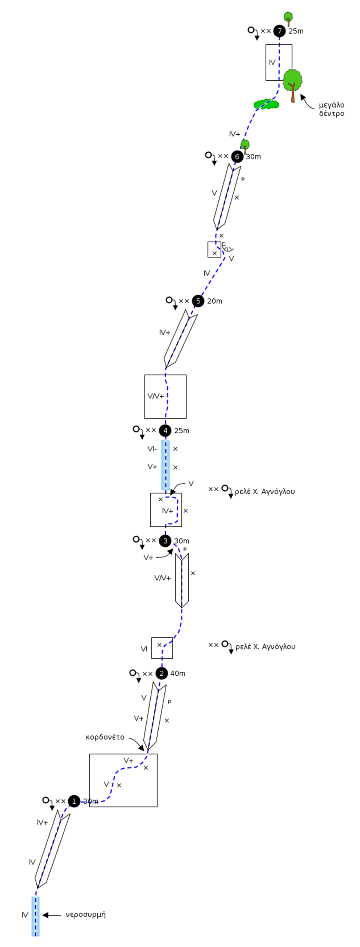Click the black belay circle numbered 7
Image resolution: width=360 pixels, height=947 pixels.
point(280,31)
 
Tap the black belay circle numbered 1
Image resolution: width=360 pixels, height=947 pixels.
point(74,801)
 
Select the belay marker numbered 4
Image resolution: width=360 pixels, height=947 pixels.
point(165,431)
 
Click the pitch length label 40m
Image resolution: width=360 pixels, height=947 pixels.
point(178,674)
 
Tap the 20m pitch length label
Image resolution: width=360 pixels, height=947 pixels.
point(214,301)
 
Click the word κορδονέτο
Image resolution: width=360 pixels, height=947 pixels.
point(105,737)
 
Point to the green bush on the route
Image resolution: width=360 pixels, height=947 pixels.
point(266,104)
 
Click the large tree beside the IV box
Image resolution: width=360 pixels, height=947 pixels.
point(293,85)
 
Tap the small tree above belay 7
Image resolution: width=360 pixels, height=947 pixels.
point(288,18)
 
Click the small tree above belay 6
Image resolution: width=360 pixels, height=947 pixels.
point(245,146)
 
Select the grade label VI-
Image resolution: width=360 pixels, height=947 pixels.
point(152,449)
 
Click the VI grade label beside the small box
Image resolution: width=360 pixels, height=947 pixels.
point(144,649)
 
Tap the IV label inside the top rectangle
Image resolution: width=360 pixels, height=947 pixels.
point(272,62)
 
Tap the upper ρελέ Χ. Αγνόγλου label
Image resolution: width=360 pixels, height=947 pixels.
point(265,491)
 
